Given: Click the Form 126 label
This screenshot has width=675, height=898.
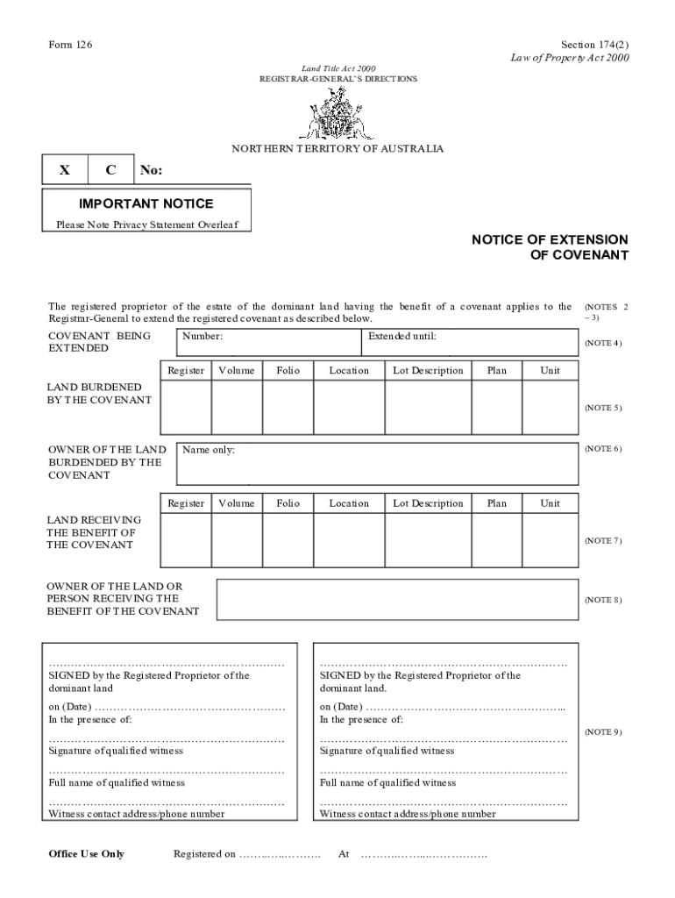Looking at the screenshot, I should coord(69,45).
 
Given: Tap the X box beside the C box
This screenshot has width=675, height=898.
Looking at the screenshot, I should coord(65,170).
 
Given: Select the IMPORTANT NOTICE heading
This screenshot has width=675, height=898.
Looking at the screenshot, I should coord(146,203).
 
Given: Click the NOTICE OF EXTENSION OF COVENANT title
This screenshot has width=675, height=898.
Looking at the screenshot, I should coord(550,247).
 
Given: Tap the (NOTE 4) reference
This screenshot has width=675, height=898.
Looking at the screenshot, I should coord(603,343).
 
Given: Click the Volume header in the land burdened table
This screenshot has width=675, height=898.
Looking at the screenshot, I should coord(237,371).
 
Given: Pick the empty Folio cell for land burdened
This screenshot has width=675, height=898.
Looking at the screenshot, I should coord(288,408).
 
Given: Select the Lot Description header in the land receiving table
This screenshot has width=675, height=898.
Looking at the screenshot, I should coord(428,504).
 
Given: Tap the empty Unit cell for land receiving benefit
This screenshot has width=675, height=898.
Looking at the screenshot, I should coord(550,541).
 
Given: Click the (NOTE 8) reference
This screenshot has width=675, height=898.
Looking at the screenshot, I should coord(603,601).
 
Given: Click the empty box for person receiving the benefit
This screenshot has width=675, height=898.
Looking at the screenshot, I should coord(397,600).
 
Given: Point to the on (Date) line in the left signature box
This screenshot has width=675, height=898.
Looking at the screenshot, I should coord(167,708).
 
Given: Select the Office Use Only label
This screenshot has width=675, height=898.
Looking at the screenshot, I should coord(86,854).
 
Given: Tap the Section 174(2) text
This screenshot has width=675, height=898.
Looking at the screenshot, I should coord(594,45).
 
